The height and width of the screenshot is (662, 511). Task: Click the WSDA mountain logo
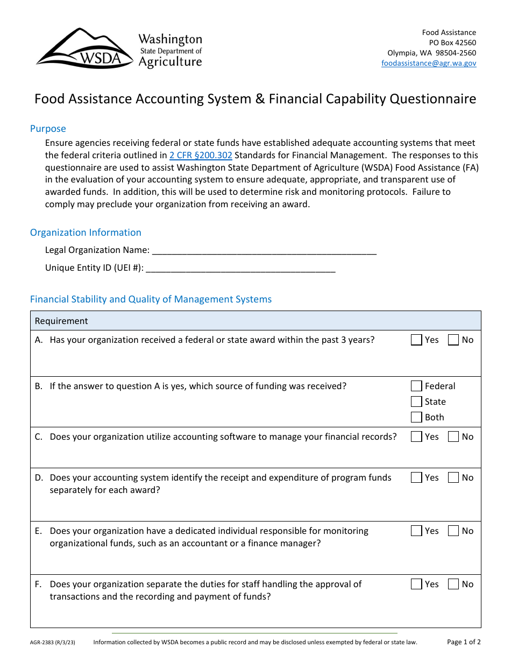pos(84,48)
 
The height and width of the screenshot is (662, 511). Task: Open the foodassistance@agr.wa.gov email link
pos(429,63)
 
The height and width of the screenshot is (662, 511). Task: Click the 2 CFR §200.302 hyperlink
pos(201,155)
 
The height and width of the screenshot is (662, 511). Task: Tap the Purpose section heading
pos(48,129)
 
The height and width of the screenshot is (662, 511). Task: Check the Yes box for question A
pos(416,340)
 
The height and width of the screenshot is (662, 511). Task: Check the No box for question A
pos(453,340)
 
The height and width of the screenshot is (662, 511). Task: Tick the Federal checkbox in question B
pos(416,386)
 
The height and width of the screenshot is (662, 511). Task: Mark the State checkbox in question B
pos(416,402)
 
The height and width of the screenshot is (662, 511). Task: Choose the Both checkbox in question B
pos(416,417)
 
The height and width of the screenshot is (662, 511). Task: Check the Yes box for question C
pos(416,437)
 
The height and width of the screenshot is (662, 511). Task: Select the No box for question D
pos(453,477)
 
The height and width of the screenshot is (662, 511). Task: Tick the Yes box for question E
pos(416,531)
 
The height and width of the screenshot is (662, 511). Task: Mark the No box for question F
pos(453,584)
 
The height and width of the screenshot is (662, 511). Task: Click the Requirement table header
pos(61,321)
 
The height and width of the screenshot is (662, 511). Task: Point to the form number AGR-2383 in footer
pos(56,642)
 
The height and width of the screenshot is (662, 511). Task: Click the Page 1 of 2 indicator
pos(464,642)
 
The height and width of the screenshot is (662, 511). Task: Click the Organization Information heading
pos(86,233)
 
